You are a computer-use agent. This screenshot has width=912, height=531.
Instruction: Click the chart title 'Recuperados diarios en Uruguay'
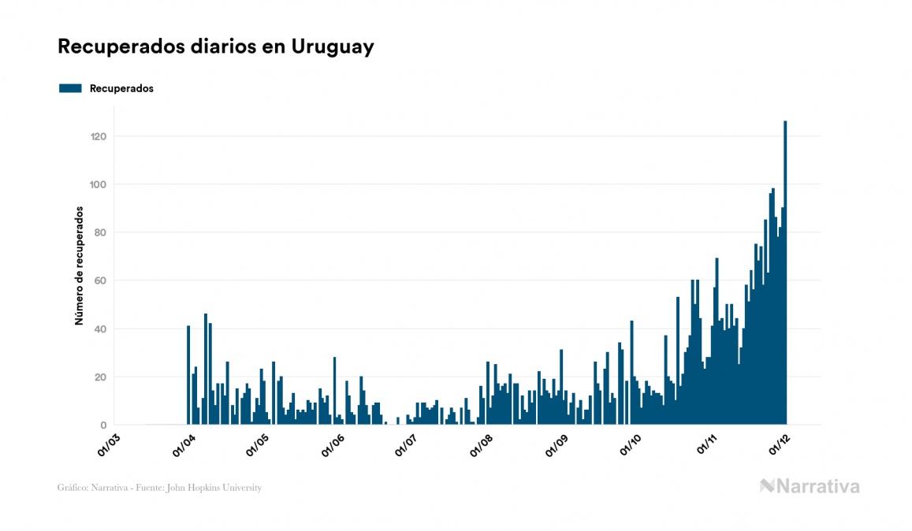[215, 46]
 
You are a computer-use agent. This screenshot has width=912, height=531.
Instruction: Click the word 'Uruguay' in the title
[332, 46]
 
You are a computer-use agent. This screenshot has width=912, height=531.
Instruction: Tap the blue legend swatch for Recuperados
[70, 88]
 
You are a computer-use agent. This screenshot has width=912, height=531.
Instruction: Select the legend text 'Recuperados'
[121, 88]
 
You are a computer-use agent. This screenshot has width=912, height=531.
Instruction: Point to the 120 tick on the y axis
[98, 136]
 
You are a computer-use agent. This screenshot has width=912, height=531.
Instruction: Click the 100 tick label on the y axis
[98, 184]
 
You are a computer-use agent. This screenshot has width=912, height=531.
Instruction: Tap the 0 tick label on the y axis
[103, 425]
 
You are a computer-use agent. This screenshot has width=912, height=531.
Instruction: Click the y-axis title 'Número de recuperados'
[79, 265]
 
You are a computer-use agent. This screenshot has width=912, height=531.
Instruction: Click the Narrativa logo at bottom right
[809, 486]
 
